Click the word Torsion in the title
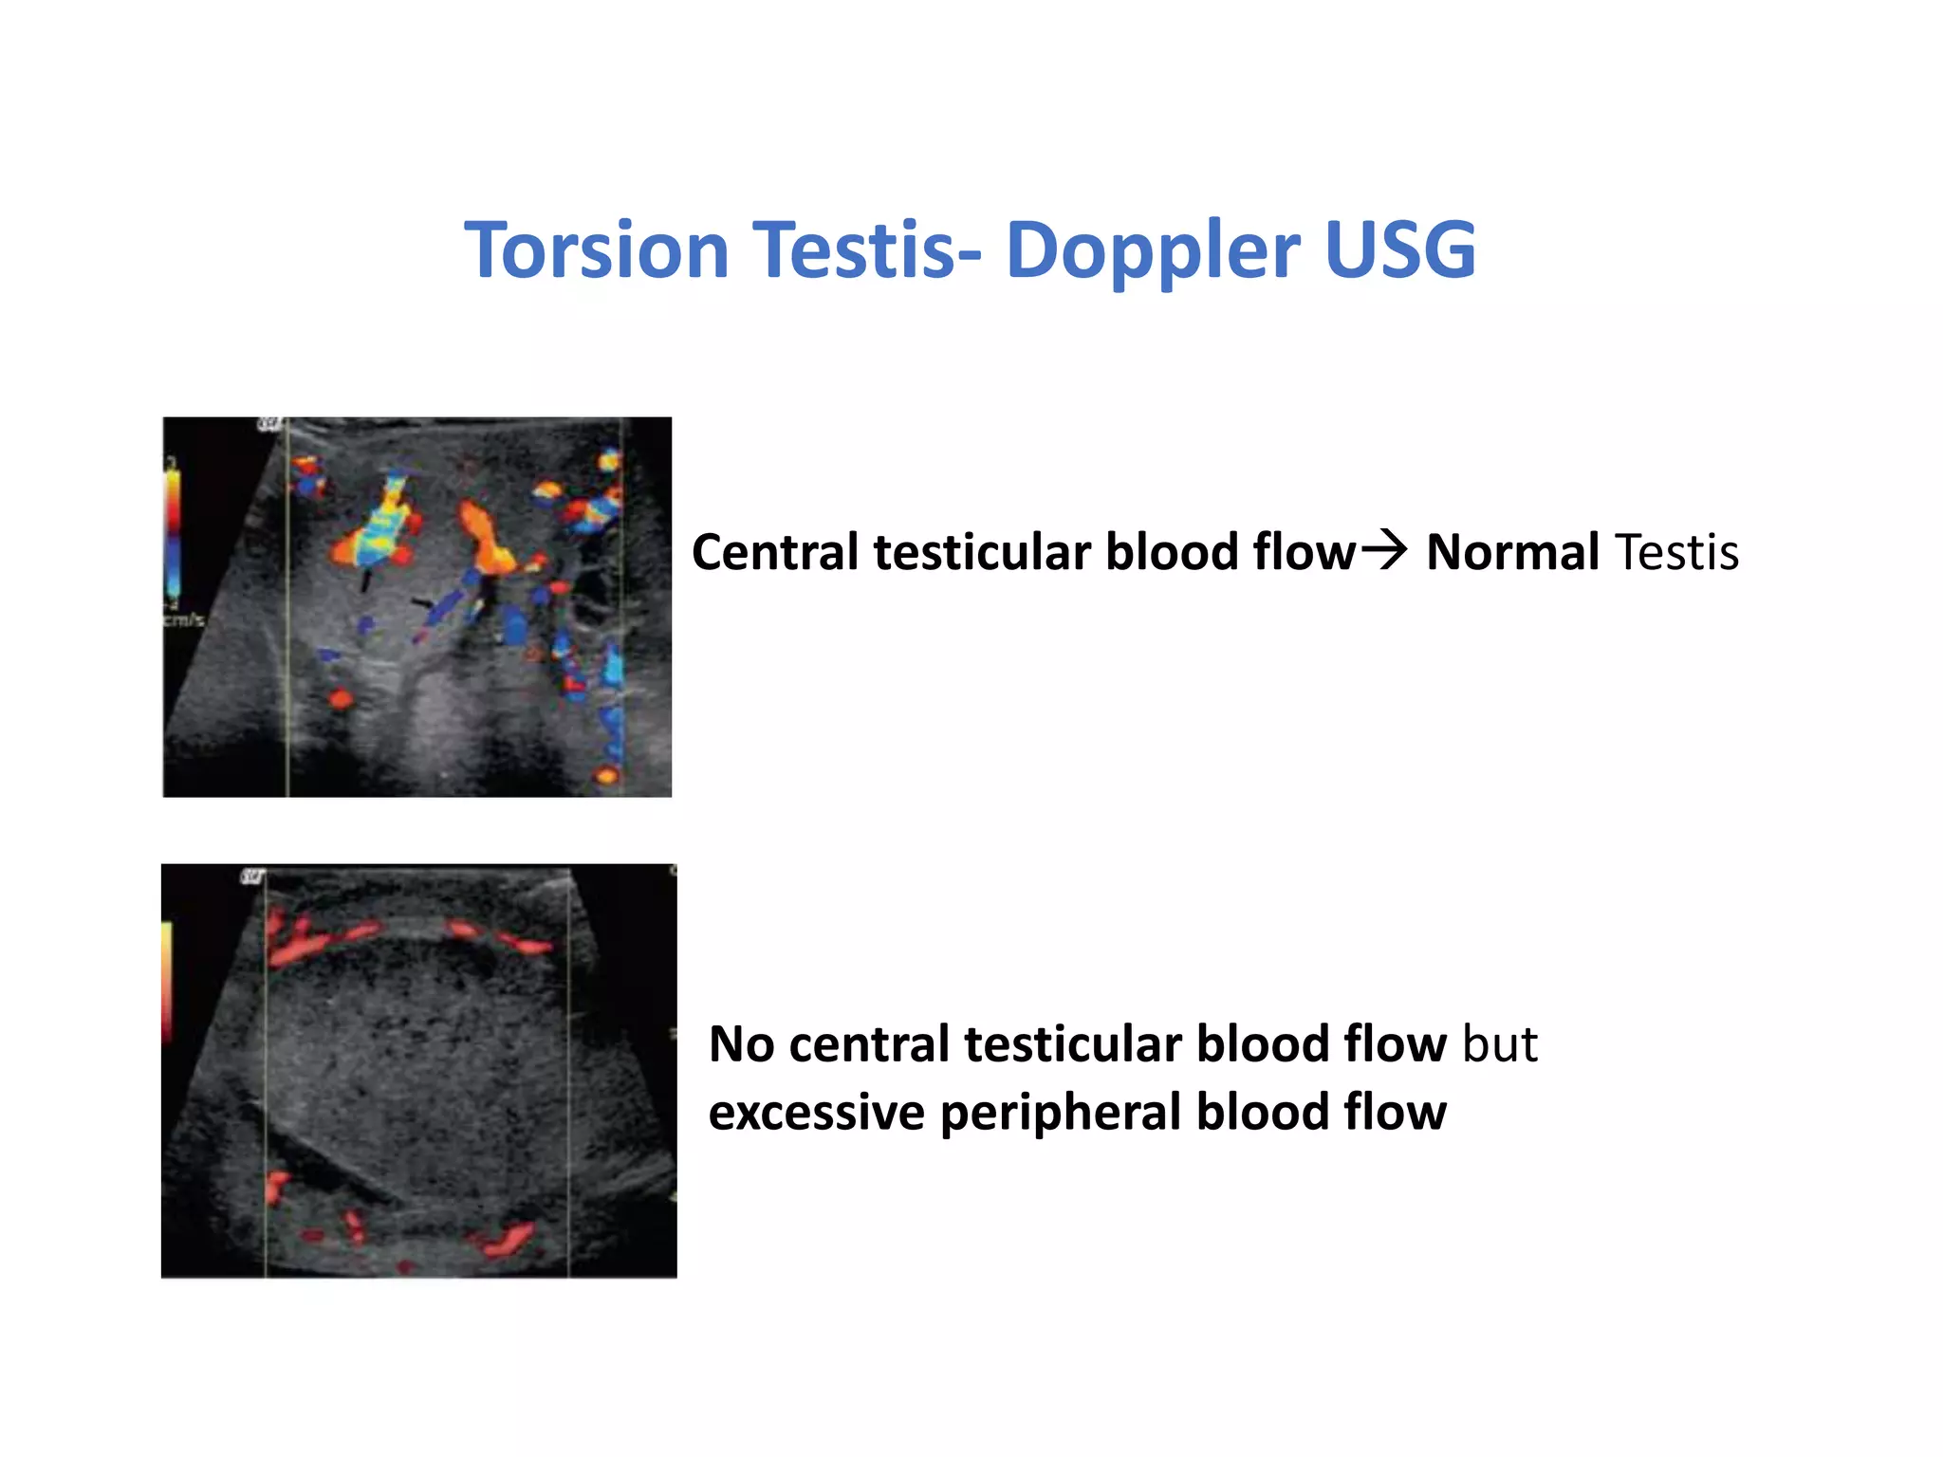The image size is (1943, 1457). coord(596,249)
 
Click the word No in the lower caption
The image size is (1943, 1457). coord(741,1044)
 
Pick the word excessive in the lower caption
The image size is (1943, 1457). coord(816,1112)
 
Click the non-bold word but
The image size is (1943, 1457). coord(1499,1044)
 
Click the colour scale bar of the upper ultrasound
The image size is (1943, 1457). coord(174,531)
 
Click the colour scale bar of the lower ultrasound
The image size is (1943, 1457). coord(167,977)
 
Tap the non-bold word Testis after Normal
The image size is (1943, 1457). coord(1676,552)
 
